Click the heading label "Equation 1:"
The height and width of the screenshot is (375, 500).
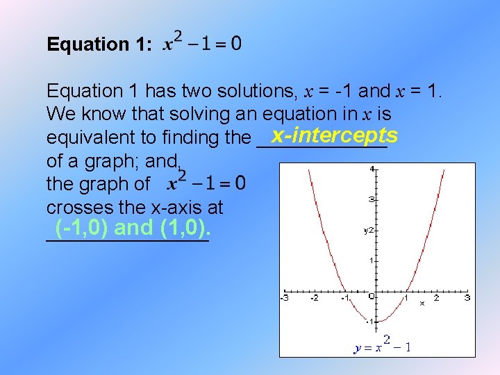98,45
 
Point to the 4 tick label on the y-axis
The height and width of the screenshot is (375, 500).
372,168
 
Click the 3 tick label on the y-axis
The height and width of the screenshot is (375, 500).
372,199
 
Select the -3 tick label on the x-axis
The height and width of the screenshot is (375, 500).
284,298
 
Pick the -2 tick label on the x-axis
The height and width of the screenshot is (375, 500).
314,298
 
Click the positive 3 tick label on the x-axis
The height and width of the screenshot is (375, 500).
467,298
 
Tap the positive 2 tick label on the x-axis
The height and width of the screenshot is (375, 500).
436,298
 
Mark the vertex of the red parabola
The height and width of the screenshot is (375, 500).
376,322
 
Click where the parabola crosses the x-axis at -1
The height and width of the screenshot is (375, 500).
345,291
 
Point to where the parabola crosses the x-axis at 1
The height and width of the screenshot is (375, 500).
406,291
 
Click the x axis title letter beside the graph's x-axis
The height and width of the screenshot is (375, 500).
422,303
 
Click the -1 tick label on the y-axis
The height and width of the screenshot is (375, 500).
371,322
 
